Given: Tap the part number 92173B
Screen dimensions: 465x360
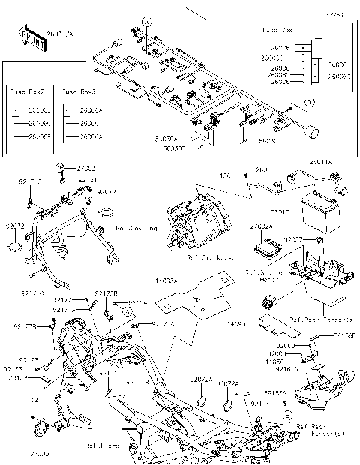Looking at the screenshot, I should (x=106, y=292).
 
